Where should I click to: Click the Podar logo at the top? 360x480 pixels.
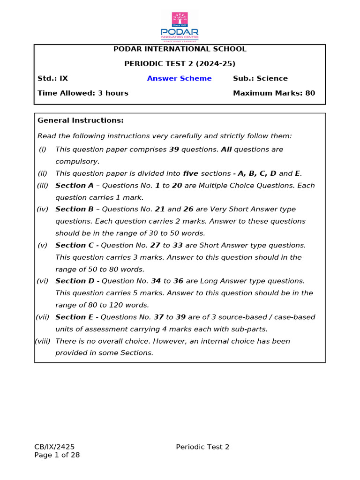[180, 26]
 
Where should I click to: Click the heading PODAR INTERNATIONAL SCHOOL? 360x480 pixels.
[180, 49]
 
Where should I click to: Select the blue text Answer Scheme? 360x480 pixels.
[179, 78]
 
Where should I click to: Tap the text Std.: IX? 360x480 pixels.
[52, 78]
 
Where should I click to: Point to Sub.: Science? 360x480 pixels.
[260, 78]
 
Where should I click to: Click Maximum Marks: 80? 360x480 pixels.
[274, 93]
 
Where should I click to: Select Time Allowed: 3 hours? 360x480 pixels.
[83, 93]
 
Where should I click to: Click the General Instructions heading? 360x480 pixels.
[81, 120]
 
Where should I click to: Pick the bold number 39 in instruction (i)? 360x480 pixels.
[173, 150]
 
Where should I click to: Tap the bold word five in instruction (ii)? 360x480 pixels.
[191, 173]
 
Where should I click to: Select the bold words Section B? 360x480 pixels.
[74, 210]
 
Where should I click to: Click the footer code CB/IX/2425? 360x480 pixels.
[54, 447]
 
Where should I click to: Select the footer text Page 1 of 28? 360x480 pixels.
[57, 455]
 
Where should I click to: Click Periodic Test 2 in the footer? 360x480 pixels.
[202, 447]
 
